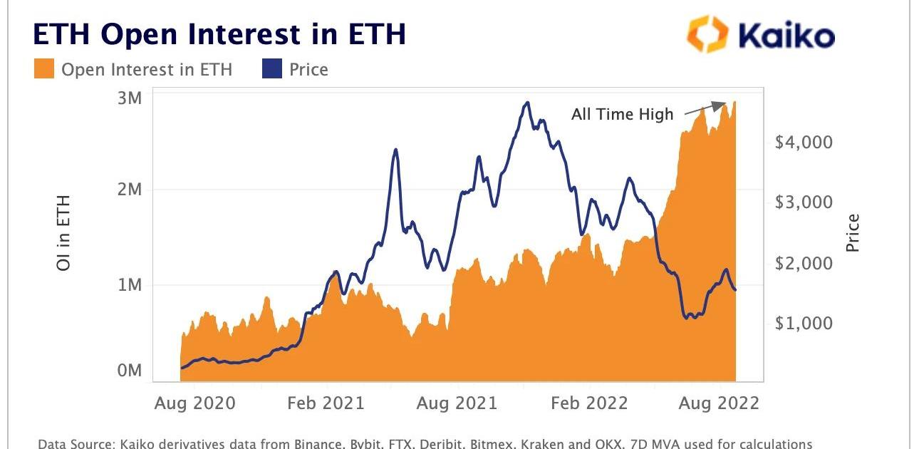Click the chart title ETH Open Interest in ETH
pyautogui.click(x=219, y=35)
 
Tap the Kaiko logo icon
pyautogui.click(x=707, y=34)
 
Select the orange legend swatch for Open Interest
pyautogui.click(x=44, y=69)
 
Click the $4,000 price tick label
pyautogui.click(x=804, y=142)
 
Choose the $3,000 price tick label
pyautogui.click(x=804, y=202)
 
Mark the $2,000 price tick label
pyautogui.click(x=804, y=263)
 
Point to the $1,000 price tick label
pyautogui.click(x=804, y=323)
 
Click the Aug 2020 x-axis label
pyautogui.click(x=194, y=403)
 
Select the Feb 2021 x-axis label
pyautogui.click(x=325, y=403)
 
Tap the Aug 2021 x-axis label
pyautogui.click(x=457, y=403)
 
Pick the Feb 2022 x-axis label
pyautogui.click(x=588, y=403)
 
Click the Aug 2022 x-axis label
pyautogui.click(x=720, y=403)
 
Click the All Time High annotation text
pyautogui.click(x=622, y=114)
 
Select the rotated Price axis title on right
pyautogui.click(x=853, y=232)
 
